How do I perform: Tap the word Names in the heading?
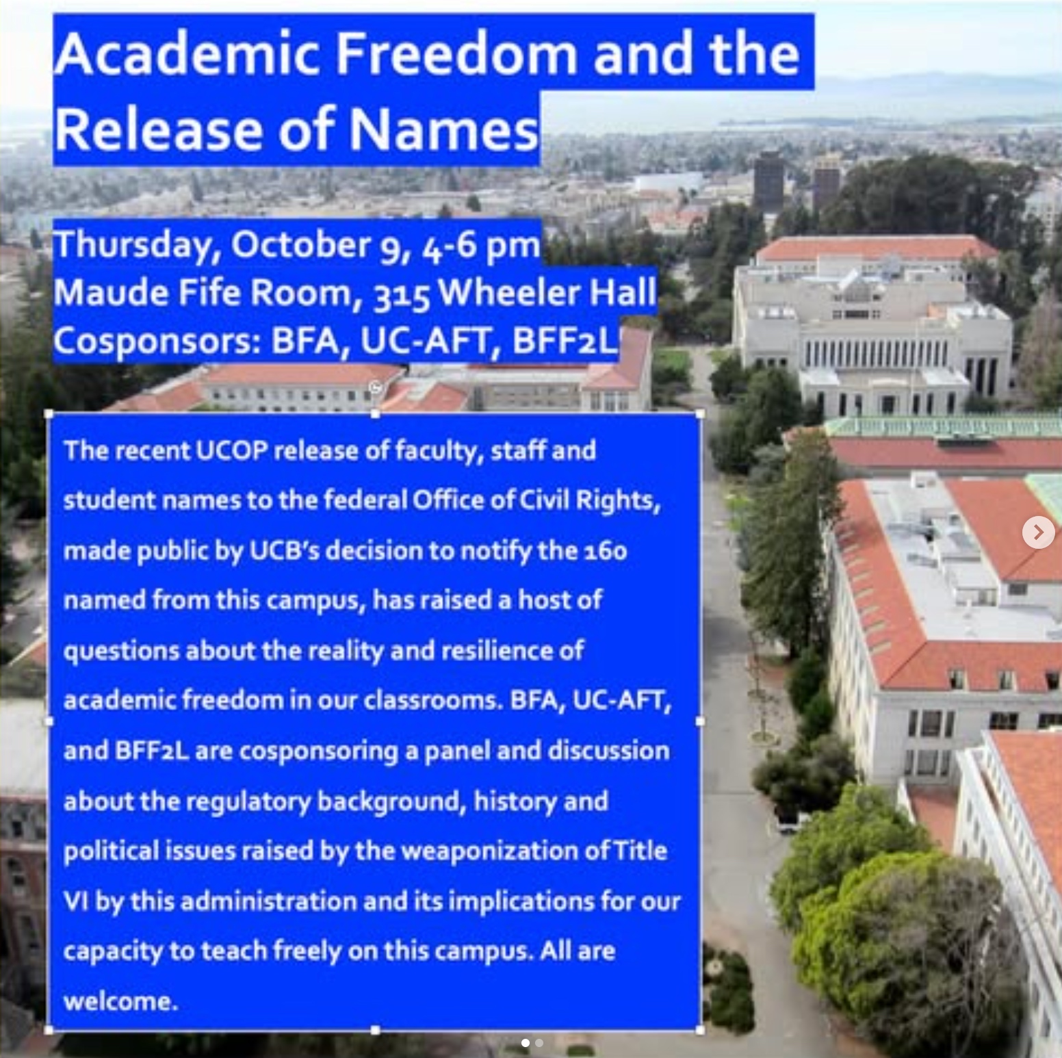click(x=444, y=129)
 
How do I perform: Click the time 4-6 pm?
click(x=480, y=246)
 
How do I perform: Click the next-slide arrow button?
click(x=1038, y=532)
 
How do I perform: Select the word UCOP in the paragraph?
click(x=231, y=450)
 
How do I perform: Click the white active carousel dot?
click(x=525, y=1043)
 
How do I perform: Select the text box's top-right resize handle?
click(x=700, y=414)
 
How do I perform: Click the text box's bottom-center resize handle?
click(x=375, y=1030)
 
